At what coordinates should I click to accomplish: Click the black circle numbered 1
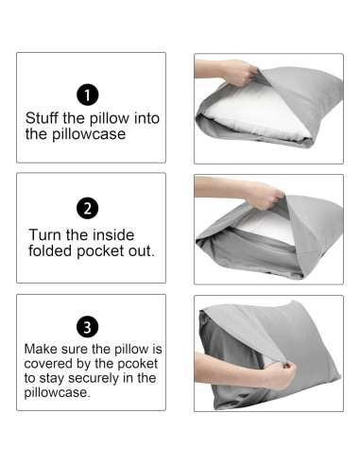click(x=88, y=95)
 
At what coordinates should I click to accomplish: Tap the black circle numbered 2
click(x=88, y=208)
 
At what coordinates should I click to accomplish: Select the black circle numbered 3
click(x=88, y=327)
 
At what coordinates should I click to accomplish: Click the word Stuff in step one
click(x=42, y=118)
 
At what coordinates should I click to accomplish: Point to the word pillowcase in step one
click(x=76, y=134)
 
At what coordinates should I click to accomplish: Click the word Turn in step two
click(x=45, y=235)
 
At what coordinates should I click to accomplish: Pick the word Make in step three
click(x=41, y=349)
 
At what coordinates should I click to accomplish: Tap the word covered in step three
click(x=48, y=364)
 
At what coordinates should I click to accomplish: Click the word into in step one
click(x=146, y=118)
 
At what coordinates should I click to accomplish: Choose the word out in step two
click(x=141, y=251)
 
